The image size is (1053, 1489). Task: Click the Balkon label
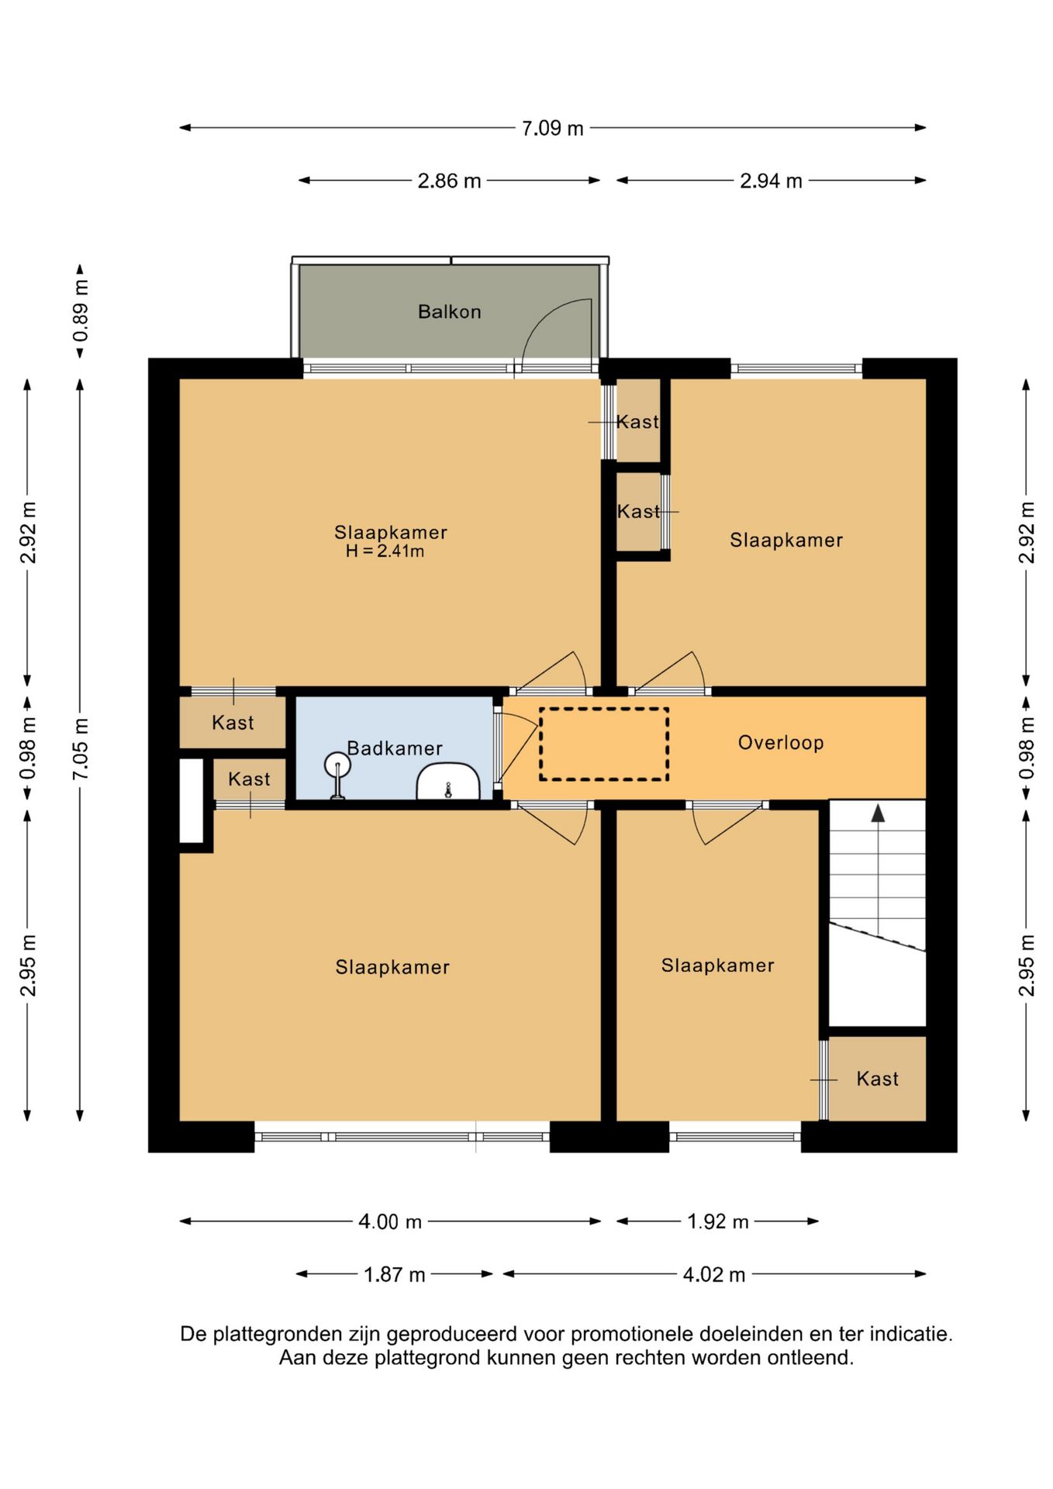click(x=449, y=312)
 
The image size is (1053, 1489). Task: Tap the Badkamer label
click(x=395, y=748)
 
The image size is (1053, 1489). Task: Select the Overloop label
click(x=781, y=743)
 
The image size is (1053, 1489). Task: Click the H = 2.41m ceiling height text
click(x=385, y=551)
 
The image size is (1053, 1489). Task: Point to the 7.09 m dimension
click(x=552, y=128)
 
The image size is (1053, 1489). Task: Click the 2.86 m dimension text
click(x=449, y=181)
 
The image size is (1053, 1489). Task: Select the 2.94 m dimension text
click(x=771, y=181)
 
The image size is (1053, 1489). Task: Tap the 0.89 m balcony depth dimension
click(x=81, y=311)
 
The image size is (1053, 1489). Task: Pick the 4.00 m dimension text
click(x=390, y=1222)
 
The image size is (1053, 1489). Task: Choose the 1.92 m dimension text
click(x=718, y=1222)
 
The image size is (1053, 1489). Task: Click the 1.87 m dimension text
click(x=395, y=1275)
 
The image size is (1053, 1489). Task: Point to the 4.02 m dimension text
click(x=714, y=1275)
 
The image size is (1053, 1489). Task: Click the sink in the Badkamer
click(x=448, y=782)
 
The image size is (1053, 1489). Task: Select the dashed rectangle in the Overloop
click(x=604, y=744)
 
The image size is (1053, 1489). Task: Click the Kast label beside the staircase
click(x=877, y=1079)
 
